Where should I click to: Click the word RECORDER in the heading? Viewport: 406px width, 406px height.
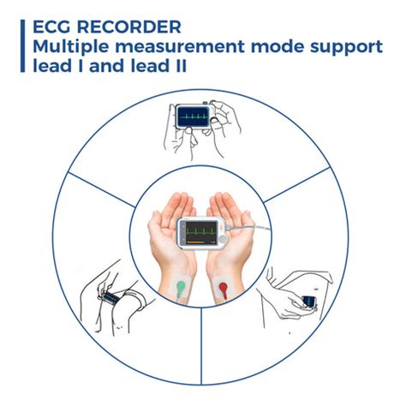click(129, 27)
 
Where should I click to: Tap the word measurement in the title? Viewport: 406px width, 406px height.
click(180, 47)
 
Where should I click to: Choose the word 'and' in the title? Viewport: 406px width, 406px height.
click(107, 66)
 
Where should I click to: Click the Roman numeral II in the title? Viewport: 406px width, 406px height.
click(180, 66)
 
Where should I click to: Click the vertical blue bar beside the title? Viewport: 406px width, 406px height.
click(22, 45)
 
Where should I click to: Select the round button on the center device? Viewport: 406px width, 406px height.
click(223, 238)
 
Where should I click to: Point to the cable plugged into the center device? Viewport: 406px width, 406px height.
click(248, 228)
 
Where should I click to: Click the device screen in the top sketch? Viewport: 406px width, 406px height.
click(193, 117)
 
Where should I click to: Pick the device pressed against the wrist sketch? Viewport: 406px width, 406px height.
click(110, 297)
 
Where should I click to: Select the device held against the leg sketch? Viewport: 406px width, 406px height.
click(309, 302)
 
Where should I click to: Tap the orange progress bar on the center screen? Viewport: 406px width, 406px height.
click(195, 242)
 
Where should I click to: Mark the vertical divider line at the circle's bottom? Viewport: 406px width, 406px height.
click(201, 346)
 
